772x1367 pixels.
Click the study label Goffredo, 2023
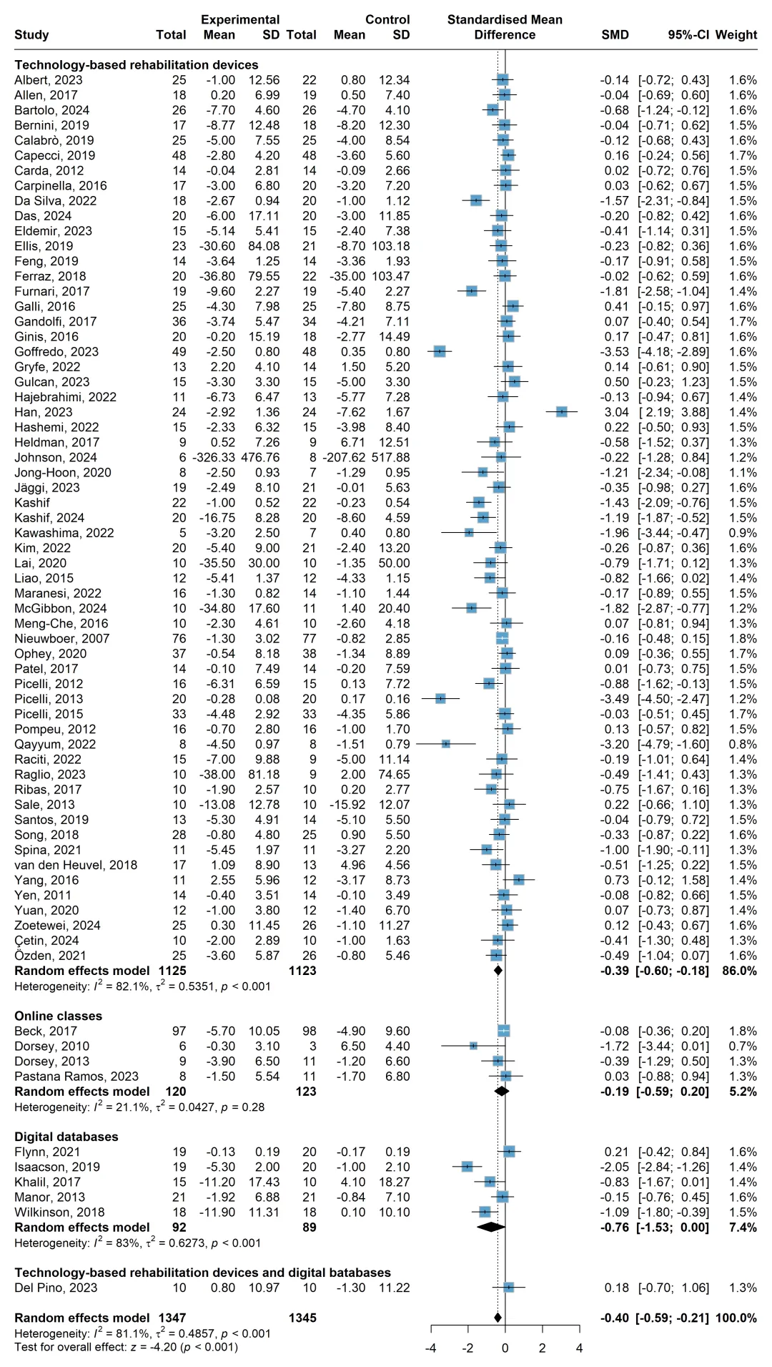click(x=56, y=352)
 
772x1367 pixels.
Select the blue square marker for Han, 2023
click(x=562, y=412)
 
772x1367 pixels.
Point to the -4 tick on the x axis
click(x=431, y=1348)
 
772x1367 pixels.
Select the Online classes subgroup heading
click(x=58, y=1016)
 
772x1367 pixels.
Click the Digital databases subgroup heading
click(x=66, y=1137)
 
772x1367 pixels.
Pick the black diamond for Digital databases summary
click(x=491, y=1228)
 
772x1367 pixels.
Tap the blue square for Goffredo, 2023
click(x=440, y=351)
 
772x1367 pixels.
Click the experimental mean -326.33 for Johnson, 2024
click(x=214, y=457)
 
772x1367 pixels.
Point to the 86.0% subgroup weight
click(x=743, y=971)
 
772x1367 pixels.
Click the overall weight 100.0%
click(x=739, y=1318)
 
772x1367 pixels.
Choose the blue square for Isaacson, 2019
click(x=467, y=1167)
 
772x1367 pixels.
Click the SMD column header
click(x=615, y=34)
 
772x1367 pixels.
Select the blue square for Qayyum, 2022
click(x=446, y=744)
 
